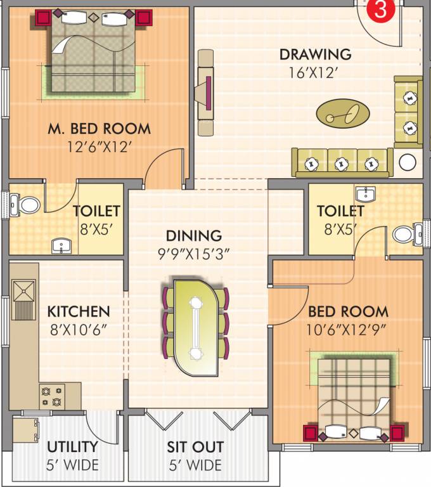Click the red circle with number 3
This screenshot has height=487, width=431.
[x=379, y=10]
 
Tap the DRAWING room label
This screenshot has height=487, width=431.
[x=315, y=55]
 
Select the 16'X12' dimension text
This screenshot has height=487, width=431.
[x=315, y=72]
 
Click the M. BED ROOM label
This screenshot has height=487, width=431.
[x=100, y=129]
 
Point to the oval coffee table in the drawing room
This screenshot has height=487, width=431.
[x=342, y=112]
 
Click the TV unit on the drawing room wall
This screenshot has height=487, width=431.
[x=206, y=93]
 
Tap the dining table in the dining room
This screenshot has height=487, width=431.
[x=196, y=323]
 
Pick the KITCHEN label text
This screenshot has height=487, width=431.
[x=79, y=312]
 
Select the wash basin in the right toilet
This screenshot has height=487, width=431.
[x=364, y=194]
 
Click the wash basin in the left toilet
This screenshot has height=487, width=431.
[x=62, y=245]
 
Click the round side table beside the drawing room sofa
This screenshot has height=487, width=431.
[x=407, y=164]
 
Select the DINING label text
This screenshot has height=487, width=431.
[x=199, y=236]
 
